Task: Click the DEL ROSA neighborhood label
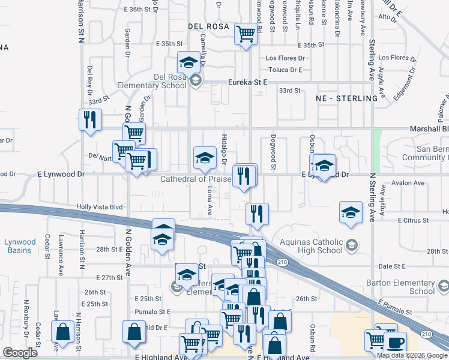point(208,26)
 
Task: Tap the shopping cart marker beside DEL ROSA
point(246,34)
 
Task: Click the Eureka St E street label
point(247,82)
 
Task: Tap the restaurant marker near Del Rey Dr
point(90,119)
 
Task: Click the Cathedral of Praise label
point(195,179)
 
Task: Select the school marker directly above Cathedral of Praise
point(205,158)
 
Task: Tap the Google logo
point(20,353)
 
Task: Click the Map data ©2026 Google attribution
point(411,355)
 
